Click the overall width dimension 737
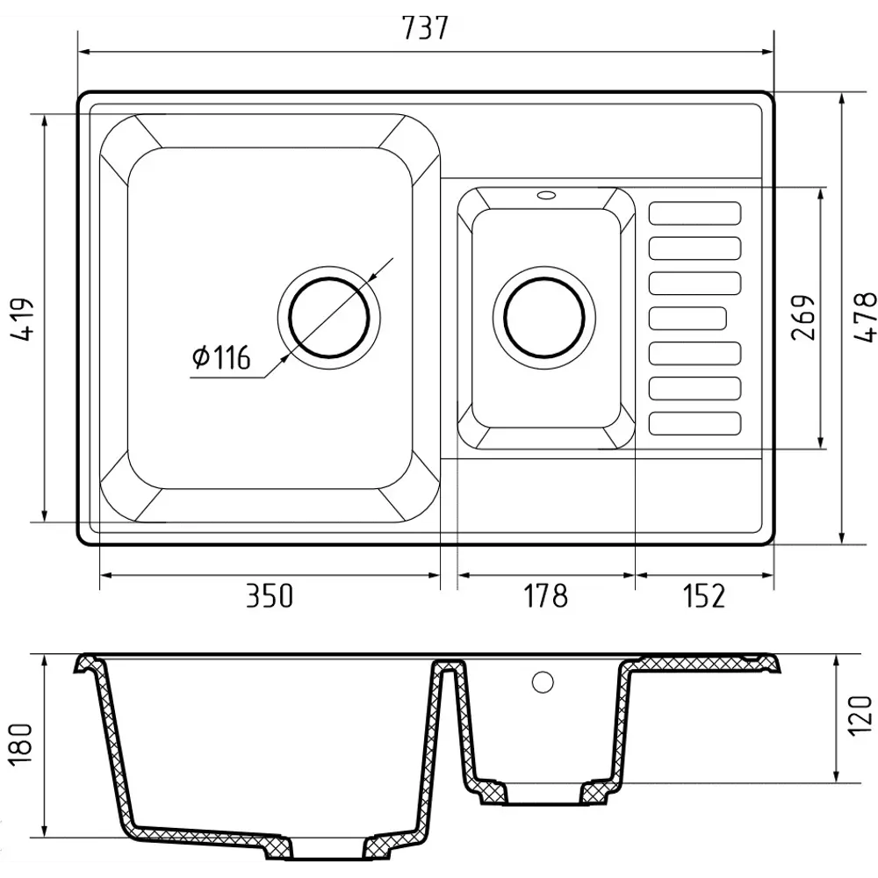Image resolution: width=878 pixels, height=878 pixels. pyautogui.click(x=426, y=28)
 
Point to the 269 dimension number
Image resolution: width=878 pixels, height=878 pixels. pyautogui.click(x=803, y=317)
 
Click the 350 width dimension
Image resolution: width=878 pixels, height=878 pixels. pyautogui.click(x=270, y=595)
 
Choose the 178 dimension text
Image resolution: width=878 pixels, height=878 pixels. pyautogui.click(x=545, y=595)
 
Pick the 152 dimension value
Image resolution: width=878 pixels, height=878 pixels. pyautogui.click(x=704, y=595)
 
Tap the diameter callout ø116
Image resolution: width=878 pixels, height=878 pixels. pyautogui.click(x=220, y=357)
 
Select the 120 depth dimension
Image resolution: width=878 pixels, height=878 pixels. pyautogui.click(x=860, y=716)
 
